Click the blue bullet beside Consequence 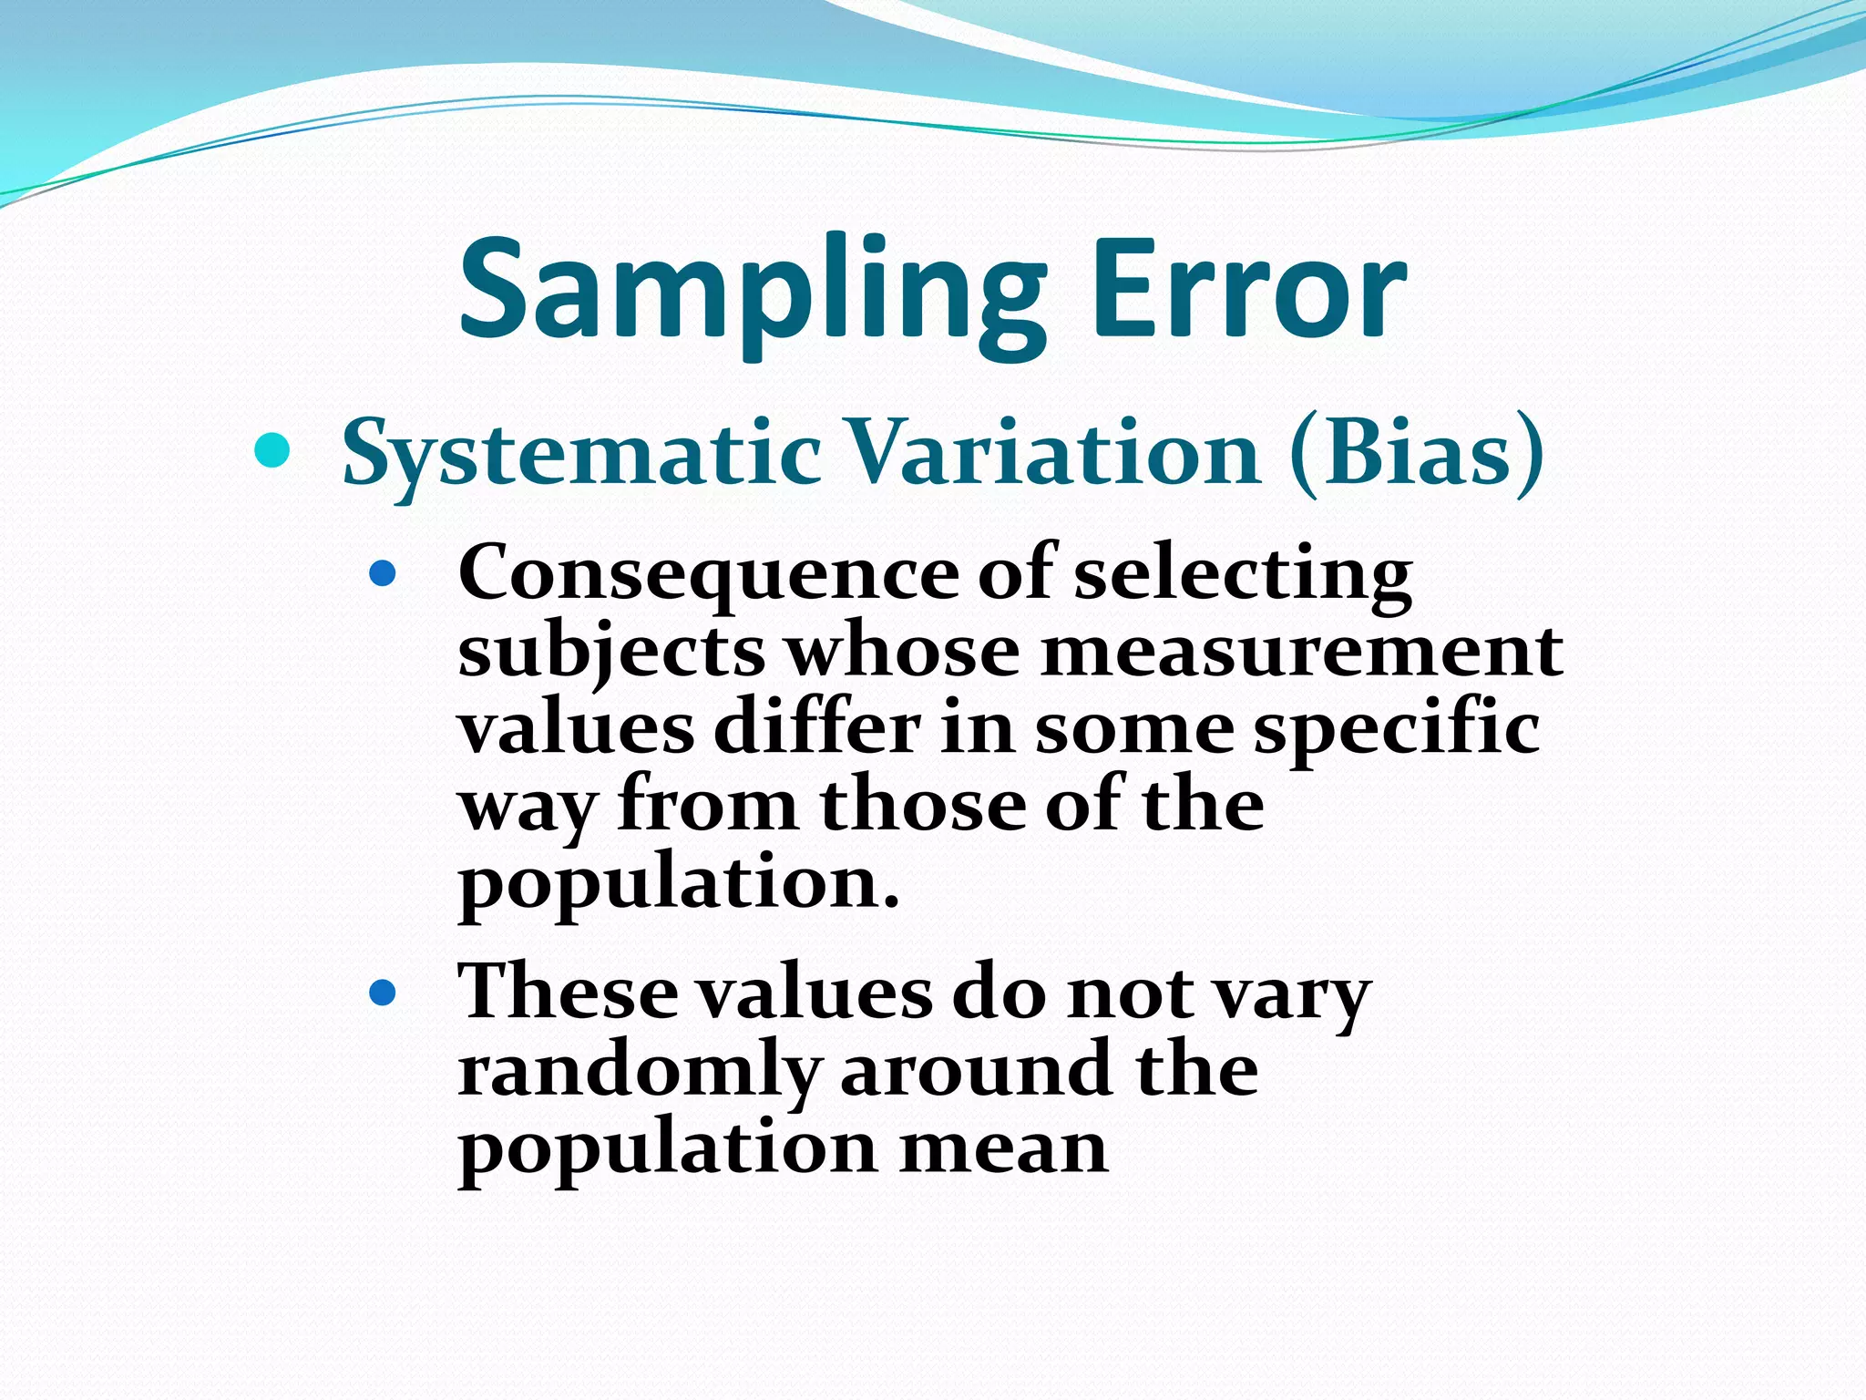tap(383, 573)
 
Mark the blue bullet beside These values tap(383, 992)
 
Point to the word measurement tap(1302, 652)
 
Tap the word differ tap(816, 729)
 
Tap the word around tap(975, 1070)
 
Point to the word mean tap(1003, 1148)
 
